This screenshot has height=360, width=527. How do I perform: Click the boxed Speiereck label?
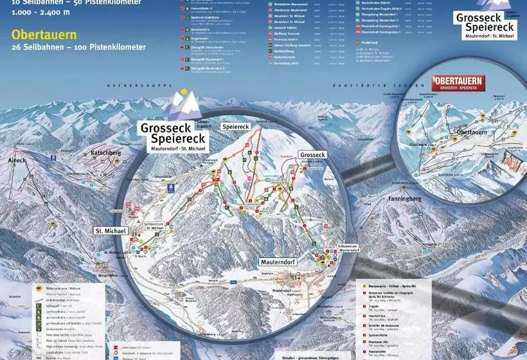(x=235, y=127)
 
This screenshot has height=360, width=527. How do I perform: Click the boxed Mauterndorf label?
(x=281, y=262)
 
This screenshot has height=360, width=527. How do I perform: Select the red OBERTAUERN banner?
(x=458, y=82)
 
